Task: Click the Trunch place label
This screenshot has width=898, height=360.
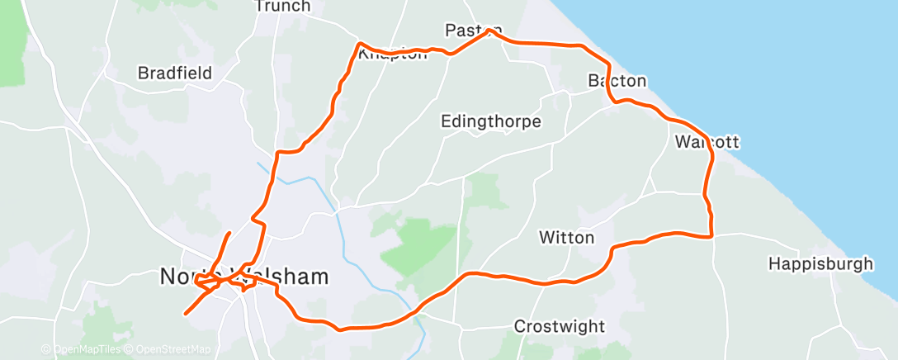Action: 282,7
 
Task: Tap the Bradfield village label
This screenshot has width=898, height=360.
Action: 175,73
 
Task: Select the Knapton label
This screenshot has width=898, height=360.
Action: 394,54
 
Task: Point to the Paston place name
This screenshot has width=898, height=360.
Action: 473,31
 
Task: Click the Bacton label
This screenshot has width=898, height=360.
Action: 617,81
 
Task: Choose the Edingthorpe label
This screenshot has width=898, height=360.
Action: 491,122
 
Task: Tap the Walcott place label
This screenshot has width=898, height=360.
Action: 707,142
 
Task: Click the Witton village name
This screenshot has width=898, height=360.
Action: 566,238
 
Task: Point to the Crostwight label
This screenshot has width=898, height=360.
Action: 560,326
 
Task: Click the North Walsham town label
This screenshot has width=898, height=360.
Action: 244,277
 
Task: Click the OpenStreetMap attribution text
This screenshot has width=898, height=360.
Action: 169,350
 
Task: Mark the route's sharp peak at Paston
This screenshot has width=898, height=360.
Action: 491,31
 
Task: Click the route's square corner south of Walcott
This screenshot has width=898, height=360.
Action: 711,236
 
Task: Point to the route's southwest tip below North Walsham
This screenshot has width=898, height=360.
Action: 185,314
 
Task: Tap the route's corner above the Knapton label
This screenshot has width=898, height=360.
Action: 359,43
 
